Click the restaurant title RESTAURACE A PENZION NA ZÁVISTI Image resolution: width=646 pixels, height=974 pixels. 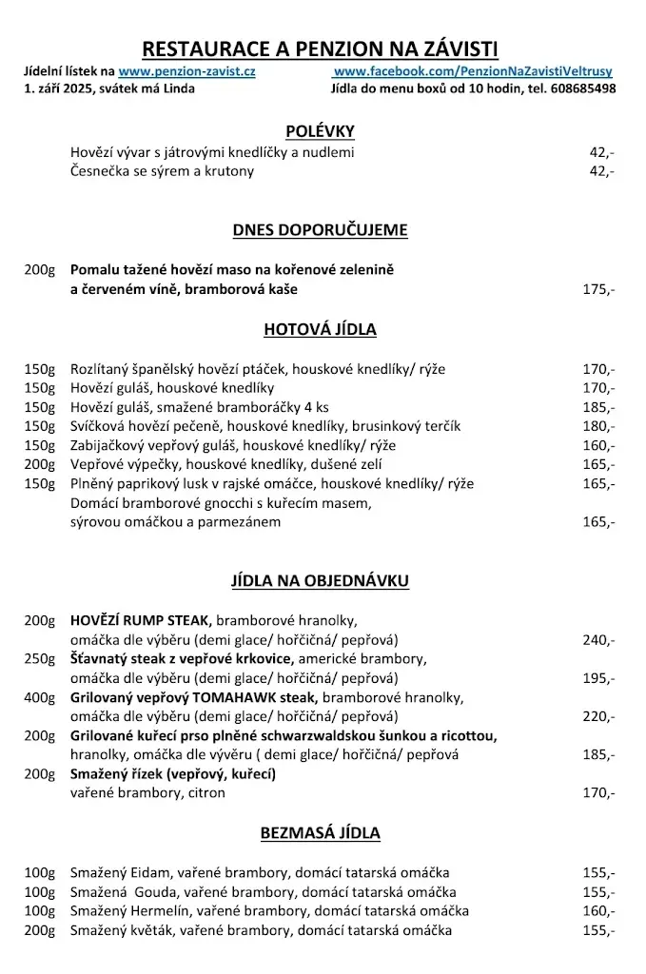click(x=320, y=49)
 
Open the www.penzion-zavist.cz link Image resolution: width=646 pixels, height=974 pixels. click(x=186, y=71)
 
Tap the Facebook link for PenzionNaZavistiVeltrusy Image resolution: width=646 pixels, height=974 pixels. click(x=473, y=71)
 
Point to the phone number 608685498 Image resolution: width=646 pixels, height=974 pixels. click(x=582, y=88)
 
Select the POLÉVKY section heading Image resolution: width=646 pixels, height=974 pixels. click(x=320, y=130)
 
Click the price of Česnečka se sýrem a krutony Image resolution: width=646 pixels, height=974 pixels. click(x=601, y=171)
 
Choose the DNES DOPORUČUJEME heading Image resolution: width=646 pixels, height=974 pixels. click(x=320, y=229)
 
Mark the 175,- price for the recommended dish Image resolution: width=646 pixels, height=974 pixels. click(x=598, y=289)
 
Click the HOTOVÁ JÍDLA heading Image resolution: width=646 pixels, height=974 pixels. click(x=320, y=330)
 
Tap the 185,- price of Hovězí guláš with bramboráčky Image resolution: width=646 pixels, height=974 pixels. click(x=598, y=407)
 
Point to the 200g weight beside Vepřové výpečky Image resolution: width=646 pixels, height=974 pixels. click(x=41, y=464)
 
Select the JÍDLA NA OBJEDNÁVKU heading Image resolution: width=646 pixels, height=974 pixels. click(x=320, y=579)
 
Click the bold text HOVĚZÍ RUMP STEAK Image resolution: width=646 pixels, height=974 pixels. click(x=139, y=620)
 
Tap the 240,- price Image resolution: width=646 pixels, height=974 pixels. click(x=598, y=639)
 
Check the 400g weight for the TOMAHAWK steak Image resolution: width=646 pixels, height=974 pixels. click(x=41, y=697)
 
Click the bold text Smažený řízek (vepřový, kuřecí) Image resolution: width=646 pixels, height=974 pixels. click(x=173, y=773)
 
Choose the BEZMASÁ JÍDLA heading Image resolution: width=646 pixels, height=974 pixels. click(x=320, y=833)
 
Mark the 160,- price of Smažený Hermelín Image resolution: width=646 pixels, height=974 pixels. click(x=598, y=911)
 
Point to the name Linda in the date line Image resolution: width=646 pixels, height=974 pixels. click(x=178, y=88)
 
